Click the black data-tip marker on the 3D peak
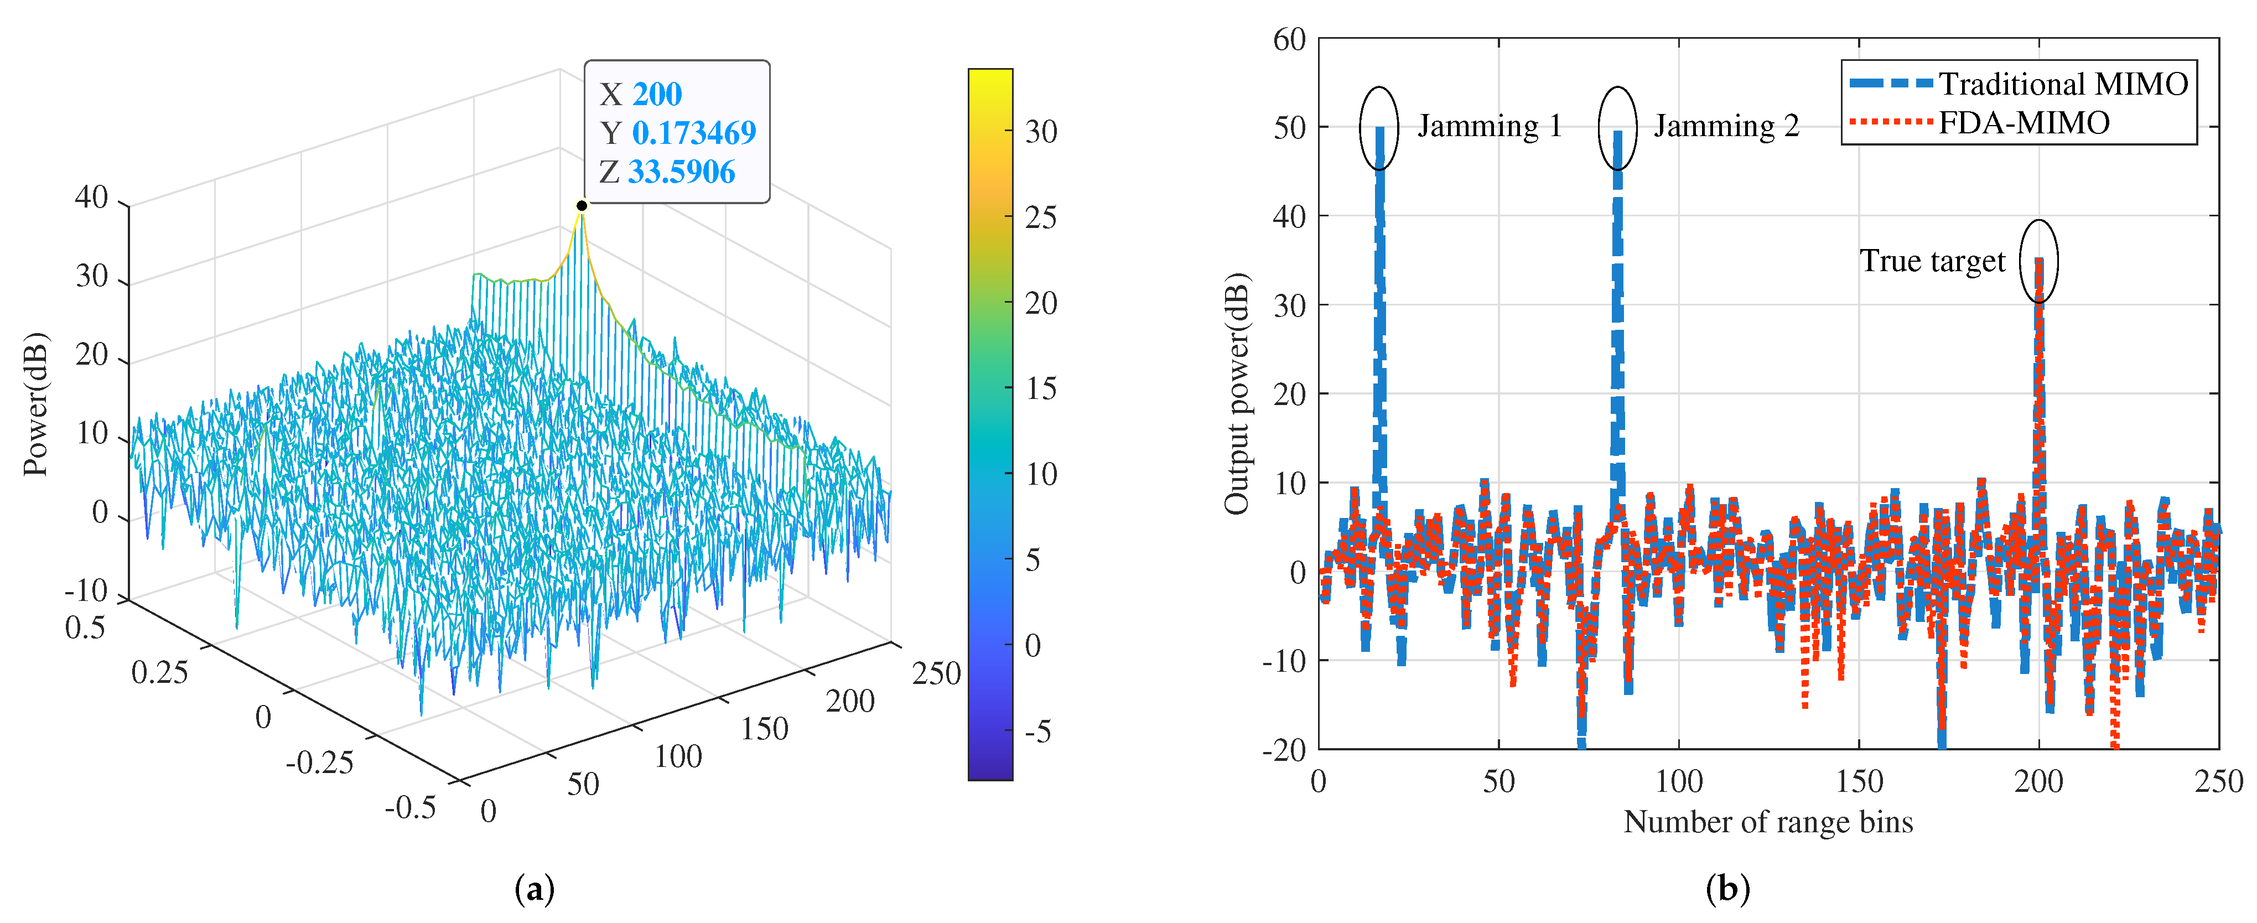click(581, 205)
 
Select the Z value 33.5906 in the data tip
click(681, 172)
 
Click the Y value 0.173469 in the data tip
click(693, 132)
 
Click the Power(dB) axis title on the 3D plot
click(35, 404)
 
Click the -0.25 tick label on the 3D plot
click(319, 762)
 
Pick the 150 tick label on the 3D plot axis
click(764, 728)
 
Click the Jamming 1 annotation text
click(1490, 126)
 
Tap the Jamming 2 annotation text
click(1726, 126)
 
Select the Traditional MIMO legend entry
click(2062, 84)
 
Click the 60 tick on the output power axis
click(1289, 39)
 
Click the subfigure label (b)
click(1727, 889)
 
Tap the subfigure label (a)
click(535, 889)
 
